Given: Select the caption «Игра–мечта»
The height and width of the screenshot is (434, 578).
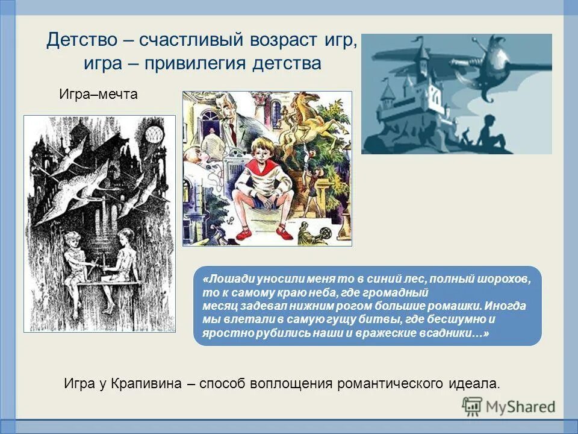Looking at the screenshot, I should pos(98,94).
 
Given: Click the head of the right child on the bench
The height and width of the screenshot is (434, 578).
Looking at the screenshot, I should pos(125,237).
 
